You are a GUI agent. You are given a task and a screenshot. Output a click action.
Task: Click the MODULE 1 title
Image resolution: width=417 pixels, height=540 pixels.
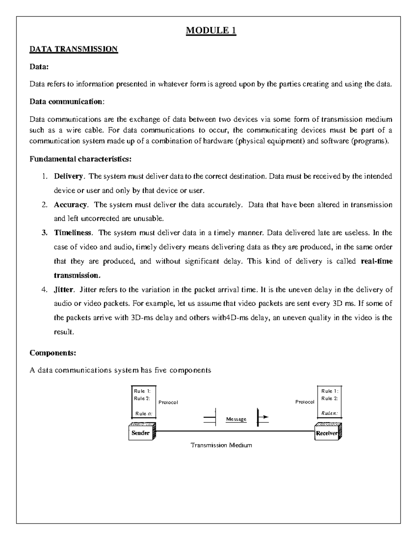click(211, 31)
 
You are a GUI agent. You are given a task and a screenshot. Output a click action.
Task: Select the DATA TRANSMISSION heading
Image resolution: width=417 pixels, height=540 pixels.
click(74, 49)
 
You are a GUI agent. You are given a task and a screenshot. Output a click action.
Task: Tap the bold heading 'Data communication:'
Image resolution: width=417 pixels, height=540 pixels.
click(66, 102)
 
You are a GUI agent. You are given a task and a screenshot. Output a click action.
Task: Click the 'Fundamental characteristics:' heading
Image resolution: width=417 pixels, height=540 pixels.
click(81, 159)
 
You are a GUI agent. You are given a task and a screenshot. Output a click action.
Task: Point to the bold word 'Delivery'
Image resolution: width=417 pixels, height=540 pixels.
click(68, 176)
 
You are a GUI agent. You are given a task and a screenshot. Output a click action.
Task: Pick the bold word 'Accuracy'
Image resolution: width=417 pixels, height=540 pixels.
click(70, 205)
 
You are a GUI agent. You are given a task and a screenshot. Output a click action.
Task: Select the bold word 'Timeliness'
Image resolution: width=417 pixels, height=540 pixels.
click(73, 233)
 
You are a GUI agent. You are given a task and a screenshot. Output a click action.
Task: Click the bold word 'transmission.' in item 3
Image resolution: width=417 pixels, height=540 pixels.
click(77, 275)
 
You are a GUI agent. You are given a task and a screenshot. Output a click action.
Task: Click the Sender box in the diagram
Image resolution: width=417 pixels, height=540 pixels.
click(141, 433)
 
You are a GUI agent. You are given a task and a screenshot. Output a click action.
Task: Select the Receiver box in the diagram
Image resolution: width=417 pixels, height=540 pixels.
click(327, 433)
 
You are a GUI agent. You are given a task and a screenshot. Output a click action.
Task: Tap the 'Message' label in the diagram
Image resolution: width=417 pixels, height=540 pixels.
click(236, 419)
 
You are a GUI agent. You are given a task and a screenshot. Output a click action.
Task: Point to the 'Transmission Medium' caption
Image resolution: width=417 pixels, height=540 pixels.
click(221, 445)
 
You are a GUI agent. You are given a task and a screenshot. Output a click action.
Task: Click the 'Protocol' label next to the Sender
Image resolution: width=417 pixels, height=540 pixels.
click(168, 402)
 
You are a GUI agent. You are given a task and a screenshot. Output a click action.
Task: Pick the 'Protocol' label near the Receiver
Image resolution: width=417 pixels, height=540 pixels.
click(305, 402)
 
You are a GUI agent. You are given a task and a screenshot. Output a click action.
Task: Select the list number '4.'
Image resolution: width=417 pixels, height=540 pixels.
click(44, 290)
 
